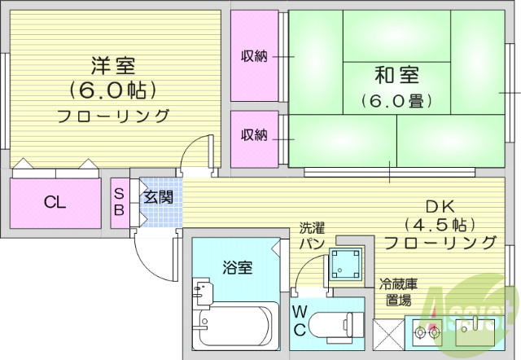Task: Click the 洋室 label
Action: tap(113, 64)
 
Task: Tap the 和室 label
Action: tap(396, 77)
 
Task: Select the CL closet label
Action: tap(55, 203)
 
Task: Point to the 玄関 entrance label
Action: tap(158, 196)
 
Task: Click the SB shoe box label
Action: tap(119, 202)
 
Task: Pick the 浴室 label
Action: tap(237, 267)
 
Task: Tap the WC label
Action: tap(300, 320)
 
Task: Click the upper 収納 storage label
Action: tap(254, 56)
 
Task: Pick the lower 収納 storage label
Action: tap(254, 135)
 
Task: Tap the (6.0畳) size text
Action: tap(396, 101)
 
